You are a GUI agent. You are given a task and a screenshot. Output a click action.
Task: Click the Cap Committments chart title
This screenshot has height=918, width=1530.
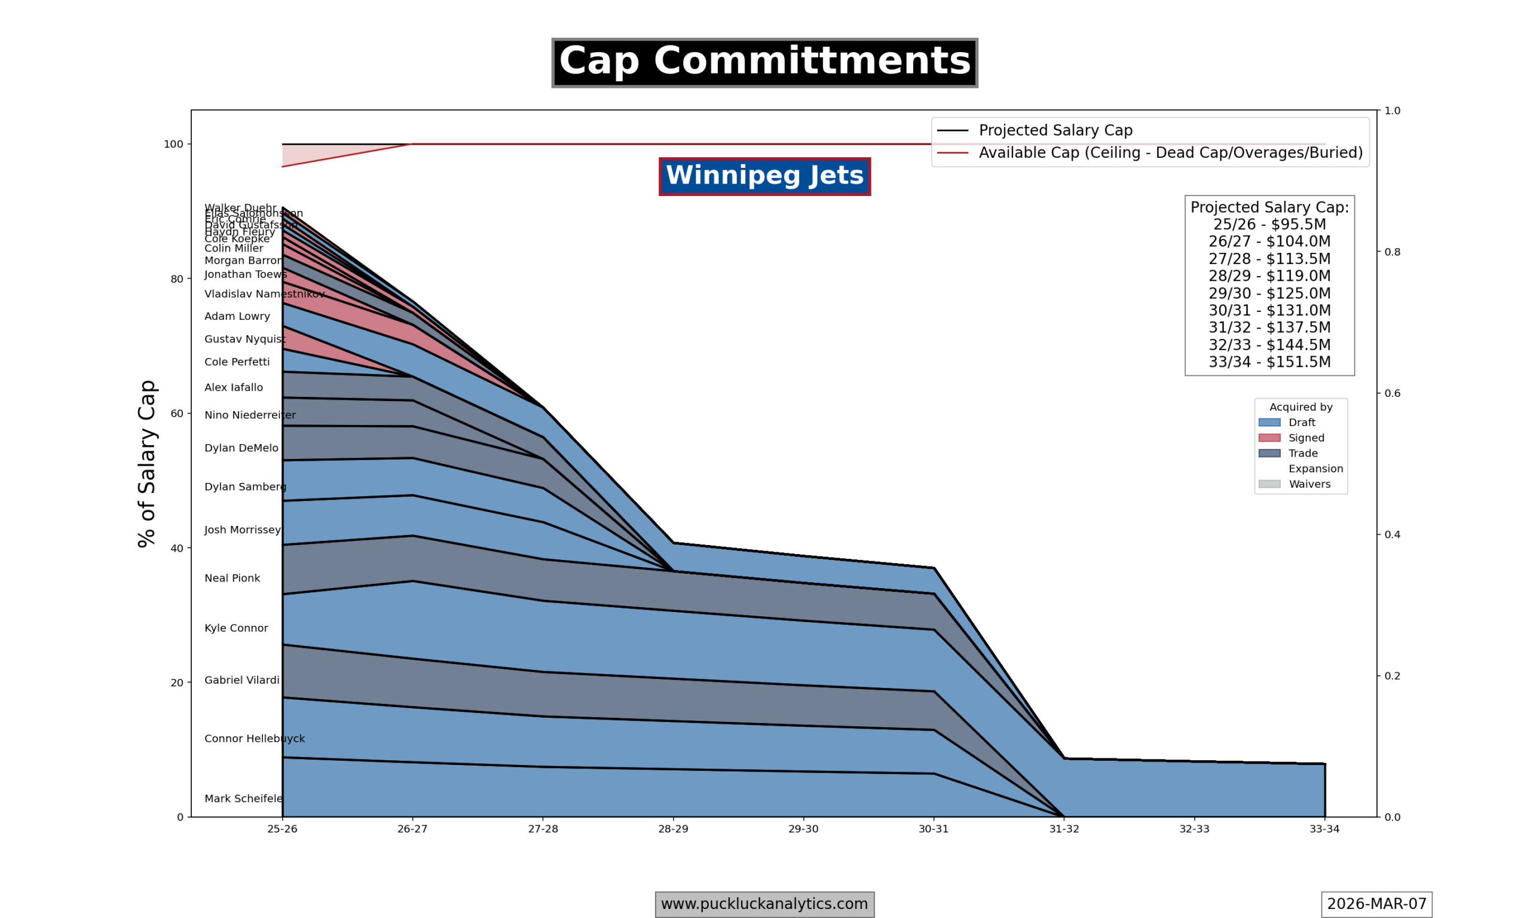(764, 62)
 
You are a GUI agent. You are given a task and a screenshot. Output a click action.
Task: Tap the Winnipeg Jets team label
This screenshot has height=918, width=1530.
(764, 176)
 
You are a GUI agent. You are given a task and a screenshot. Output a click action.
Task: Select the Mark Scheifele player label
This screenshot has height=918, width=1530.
(244, 798)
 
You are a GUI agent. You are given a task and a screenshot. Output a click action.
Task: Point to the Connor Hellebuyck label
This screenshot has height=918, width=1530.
(254, 739)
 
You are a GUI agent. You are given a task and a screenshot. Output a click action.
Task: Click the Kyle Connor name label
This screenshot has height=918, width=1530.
(236, 628)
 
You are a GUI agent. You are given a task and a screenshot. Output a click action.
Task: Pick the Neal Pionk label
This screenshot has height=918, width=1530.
(232, 579)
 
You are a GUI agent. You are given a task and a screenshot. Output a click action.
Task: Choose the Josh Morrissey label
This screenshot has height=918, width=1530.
(243, 530)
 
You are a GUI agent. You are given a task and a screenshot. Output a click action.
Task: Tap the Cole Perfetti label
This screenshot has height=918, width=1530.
(237, 362)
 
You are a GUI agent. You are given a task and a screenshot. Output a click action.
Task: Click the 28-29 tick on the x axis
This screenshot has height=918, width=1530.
(673, 829)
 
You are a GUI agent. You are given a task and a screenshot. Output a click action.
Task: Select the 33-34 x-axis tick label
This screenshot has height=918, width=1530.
(1324, 829)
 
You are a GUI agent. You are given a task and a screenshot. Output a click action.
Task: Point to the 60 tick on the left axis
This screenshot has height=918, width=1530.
(177, 413)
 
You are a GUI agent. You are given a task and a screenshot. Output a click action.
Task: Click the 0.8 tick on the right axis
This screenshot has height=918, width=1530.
(1392, 252)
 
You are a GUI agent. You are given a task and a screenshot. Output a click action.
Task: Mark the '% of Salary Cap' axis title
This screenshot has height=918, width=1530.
(147, 463)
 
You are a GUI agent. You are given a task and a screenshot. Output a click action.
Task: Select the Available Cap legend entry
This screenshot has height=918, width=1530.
(1170, 153)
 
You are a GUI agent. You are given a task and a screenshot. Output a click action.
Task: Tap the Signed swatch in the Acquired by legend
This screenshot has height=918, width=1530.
(1269, 438)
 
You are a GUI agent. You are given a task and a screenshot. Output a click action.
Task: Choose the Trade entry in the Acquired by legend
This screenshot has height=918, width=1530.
(1302, 454)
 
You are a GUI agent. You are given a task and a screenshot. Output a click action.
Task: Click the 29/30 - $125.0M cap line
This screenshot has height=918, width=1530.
(1269, 293)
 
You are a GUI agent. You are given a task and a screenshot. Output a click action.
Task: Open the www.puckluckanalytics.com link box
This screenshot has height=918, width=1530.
(764, 904)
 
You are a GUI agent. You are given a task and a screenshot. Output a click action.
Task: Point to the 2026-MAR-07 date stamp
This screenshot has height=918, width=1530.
(1376, 904)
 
